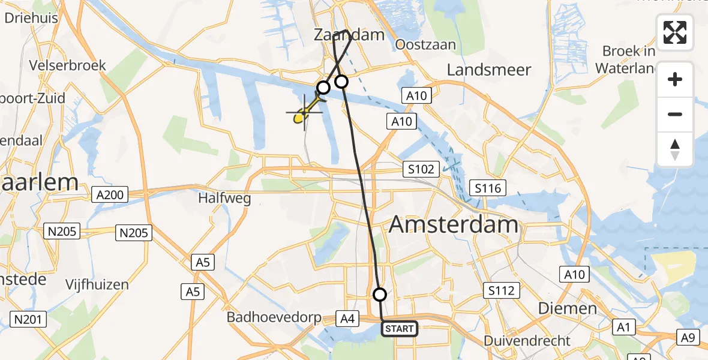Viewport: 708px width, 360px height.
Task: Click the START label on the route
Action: tap(399, 329)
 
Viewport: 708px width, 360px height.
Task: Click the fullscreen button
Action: tap(675, 32)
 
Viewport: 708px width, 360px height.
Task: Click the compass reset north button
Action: tap(675, 149)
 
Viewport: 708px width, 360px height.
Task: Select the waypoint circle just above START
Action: tap(380, 294)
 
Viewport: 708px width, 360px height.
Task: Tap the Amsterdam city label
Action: tap(453, 224)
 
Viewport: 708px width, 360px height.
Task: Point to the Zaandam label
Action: tap(349, 35)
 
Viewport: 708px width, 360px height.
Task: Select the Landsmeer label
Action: tap(489, 70)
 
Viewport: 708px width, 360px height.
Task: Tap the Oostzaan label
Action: tap(425, 44)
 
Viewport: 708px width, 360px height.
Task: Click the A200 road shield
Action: tap(109, 194)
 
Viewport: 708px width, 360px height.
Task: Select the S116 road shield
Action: tap(487, 189)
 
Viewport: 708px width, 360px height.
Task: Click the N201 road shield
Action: tap(28, 319)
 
